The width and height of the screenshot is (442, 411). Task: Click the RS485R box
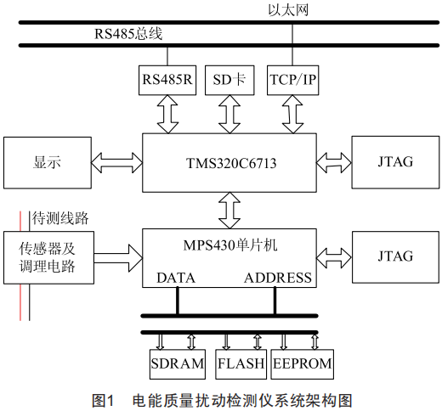(x=167, y=80)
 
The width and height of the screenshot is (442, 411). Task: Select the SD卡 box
(x=229, y=80)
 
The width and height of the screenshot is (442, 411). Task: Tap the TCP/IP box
(x=292, y=80)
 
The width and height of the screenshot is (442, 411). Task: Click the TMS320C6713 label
(x=231, y=163)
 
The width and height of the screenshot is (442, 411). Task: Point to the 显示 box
(x=48, y=163)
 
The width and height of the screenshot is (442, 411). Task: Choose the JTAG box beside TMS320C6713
(x=395, y=162)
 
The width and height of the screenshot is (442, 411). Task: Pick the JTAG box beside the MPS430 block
(x=395, y=257)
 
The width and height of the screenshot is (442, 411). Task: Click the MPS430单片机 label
(x=230, y=245)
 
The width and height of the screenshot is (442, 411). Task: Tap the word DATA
(x=176, y=278)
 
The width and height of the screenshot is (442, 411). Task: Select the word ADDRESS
(x=278, y=278)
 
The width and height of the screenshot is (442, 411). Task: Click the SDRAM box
(x=178, y=364)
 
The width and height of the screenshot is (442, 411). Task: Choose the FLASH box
(x=241, y=364)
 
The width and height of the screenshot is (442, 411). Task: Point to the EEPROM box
(x=303, y=364)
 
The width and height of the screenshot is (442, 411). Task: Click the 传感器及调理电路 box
(x=48, y=257)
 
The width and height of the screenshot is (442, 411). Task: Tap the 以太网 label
(x=288, y=10)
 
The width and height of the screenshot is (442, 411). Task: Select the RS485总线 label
(x=128, y=34)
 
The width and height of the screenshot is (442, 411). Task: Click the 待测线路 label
(x=60, y=218)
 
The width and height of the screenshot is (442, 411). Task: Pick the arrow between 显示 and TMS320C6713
(x=116, y=163)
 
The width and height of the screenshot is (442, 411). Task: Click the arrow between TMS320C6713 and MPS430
(x=229, y=211)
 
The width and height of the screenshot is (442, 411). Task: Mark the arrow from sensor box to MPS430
(x=118, y=258)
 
